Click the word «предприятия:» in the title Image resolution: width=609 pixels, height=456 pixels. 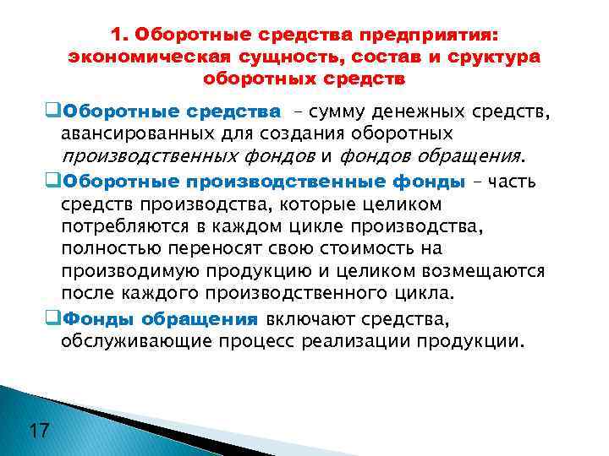point(430,35)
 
